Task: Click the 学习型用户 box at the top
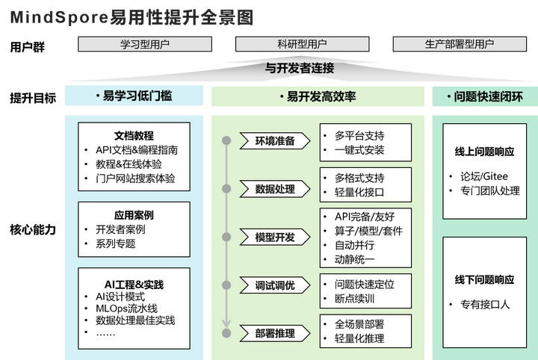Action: click(145, 44)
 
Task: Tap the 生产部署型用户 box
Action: click(460, 44)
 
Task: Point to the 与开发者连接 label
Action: click(300, 68)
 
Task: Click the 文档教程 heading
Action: click(134, 136)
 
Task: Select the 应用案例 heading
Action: click(134, 215)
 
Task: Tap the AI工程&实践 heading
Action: click(134, 285)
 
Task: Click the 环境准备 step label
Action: click(275, 140)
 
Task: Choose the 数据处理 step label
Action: click(275, 189)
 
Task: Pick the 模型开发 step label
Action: click(275, 238)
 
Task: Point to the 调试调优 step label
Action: click(275, 285)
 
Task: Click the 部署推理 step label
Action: click(275, 333)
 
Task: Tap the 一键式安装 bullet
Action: click(359, 150)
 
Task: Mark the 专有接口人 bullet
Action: click(483, 304)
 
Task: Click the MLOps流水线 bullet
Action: click(126, 308)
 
